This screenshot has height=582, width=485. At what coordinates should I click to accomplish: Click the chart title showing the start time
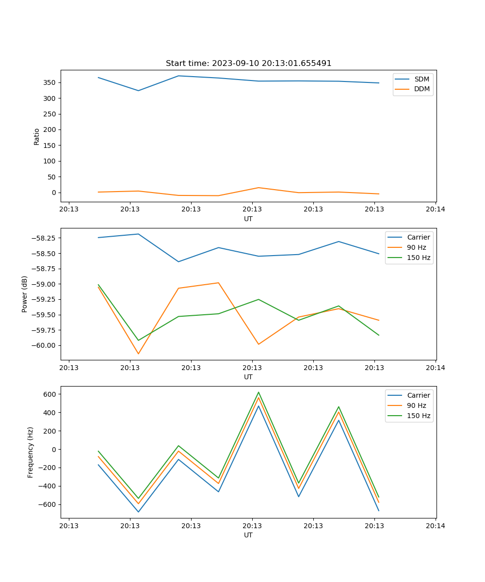point(248,64)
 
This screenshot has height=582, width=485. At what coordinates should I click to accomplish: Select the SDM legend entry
point(421,79)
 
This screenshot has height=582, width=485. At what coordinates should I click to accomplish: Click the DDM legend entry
point(421,89)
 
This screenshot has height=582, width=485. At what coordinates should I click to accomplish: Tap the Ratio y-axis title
point(37,136)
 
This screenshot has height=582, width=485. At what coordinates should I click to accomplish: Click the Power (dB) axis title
point(25,294)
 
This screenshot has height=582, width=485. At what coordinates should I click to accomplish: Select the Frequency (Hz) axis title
point(31,452)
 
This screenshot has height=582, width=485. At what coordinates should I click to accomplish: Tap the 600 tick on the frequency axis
point(49,394)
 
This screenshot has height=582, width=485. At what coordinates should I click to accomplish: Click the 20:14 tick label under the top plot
point(435,210)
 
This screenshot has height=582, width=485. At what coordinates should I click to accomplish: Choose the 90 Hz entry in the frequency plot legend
point(417,405)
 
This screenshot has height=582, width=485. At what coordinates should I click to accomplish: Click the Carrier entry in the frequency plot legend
point(418,395)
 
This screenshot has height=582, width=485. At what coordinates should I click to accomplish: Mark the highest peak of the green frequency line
point(259,392)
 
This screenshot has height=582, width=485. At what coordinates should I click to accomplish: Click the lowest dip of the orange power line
point(138,354)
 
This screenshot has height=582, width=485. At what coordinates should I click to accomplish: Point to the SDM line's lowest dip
point(138,91)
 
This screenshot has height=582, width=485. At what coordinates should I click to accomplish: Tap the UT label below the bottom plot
point(248,535)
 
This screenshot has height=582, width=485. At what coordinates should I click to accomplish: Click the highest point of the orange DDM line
point(259,188)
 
